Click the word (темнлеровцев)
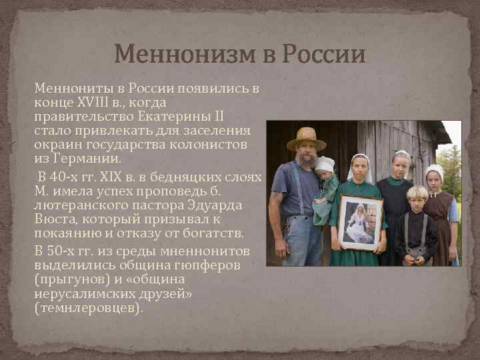tap(88, 309)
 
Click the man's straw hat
tap(306, 138)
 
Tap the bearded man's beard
tap(307, 159)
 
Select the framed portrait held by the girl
tap(360, 222)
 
